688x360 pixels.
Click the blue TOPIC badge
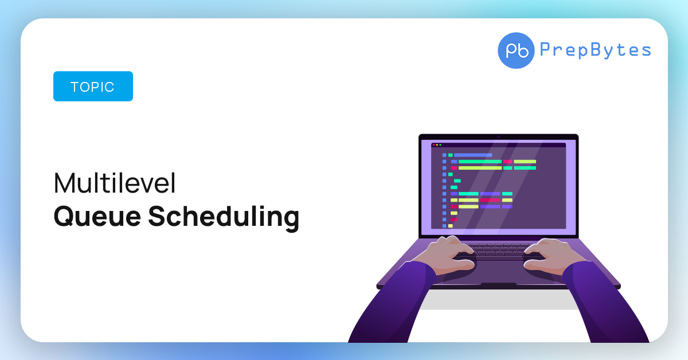93,87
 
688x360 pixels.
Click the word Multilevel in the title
115,183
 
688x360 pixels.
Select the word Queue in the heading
97,217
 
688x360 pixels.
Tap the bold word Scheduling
224,217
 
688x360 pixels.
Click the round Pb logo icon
516,50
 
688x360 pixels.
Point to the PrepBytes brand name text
595,50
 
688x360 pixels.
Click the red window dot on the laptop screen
433,145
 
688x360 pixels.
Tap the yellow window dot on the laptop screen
437,145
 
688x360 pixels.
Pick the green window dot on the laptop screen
440,145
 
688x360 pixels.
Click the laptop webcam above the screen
498,137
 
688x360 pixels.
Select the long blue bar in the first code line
473,155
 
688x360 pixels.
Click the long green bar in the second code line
480,162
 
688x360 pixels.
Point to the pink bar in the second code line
508,162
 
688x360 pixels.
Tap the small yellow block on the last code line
450,226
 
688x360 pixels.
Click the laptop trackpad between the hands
499,272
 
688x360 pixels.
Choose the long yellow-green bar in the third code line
480,168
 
